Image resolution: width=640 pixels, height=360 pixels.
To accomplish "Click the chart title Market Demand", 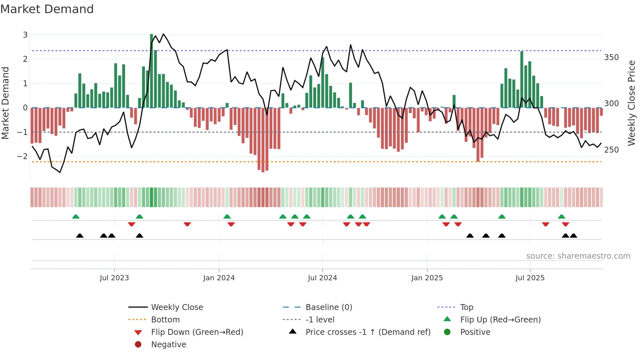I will click(47, 9).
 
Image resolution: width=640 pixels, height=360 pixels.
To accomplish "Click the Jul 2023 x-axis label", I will click(114, 278).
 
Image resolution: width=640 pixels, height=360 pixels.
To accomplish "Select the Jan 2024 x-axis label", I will click(219, 278).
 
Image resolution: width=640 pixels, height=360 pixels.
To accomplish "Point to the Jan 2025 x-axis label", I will click(427, 278).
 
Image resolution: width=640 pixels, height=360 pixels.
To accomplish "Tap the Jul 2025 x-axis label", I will click(530, 278).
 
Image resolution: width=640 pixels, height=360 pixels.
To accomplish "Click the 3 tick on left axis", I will click(25, 35).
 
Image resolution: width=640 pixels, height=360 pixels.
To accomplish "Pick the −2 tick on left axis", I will click(22, 156).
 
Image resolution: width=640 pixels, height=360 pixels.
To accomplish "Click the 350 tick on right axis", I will click(611, 57).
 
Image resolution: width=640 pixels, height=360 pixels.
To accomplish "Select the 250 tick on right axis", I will click(611, 150).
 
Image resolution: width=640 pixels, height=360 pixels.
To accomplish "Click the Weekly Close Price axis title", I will click(632, 103).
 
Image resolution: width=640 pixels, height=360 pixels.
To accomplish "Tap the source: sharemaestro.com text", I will click(578, 256).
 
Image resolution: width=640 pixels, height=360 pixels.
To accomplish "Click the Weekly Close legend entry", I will click(177, 307).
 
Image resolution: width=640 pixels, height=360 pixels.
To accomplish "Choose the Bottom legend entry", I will click(165, 319).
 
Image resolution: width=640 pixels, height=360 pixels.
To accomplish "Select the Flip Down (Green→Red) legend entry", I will click(197, 332).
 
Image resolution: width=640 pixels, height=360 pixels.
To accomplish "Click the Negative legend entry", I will click(168, 344).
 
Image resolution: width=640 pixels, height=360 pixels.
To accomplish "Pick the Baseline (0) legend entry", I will click(328, 307).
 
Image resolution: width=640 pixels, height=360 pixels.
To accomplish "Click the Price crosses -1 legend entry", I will click(368, 332).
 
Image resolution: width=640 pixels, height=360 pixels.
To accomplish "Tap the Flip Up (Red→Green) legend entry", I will click(500, 319).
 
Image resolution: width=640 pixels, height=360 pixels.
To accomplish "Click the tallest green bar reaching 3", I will click(152, 71).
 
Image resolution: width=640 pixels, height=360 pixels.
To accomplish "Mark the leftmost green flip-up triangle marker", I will click(76, 217).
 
